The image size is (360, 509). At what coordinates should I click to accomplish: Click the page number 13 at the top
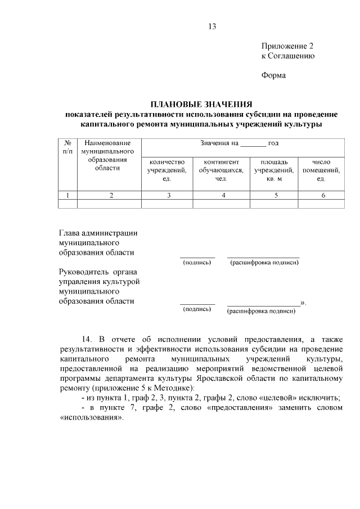tap(211, 26)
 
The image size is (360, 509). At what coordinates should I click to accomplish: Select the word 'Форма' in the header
tap(274, 75)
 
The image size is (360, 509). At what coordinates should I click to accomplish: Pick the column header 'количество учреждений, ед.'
tap(167, 170)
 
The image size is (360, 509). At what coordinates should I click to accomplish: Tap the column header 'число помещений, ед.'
tap(321, 170)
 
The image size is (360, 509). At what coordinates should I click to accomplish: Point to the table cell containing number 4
tap(223, 195)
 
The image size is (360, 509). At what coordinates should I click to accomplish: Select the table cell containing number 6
tap(322, 195)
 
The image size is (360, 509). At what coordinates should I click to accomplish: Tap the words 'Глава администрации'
tap(98, 233)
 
